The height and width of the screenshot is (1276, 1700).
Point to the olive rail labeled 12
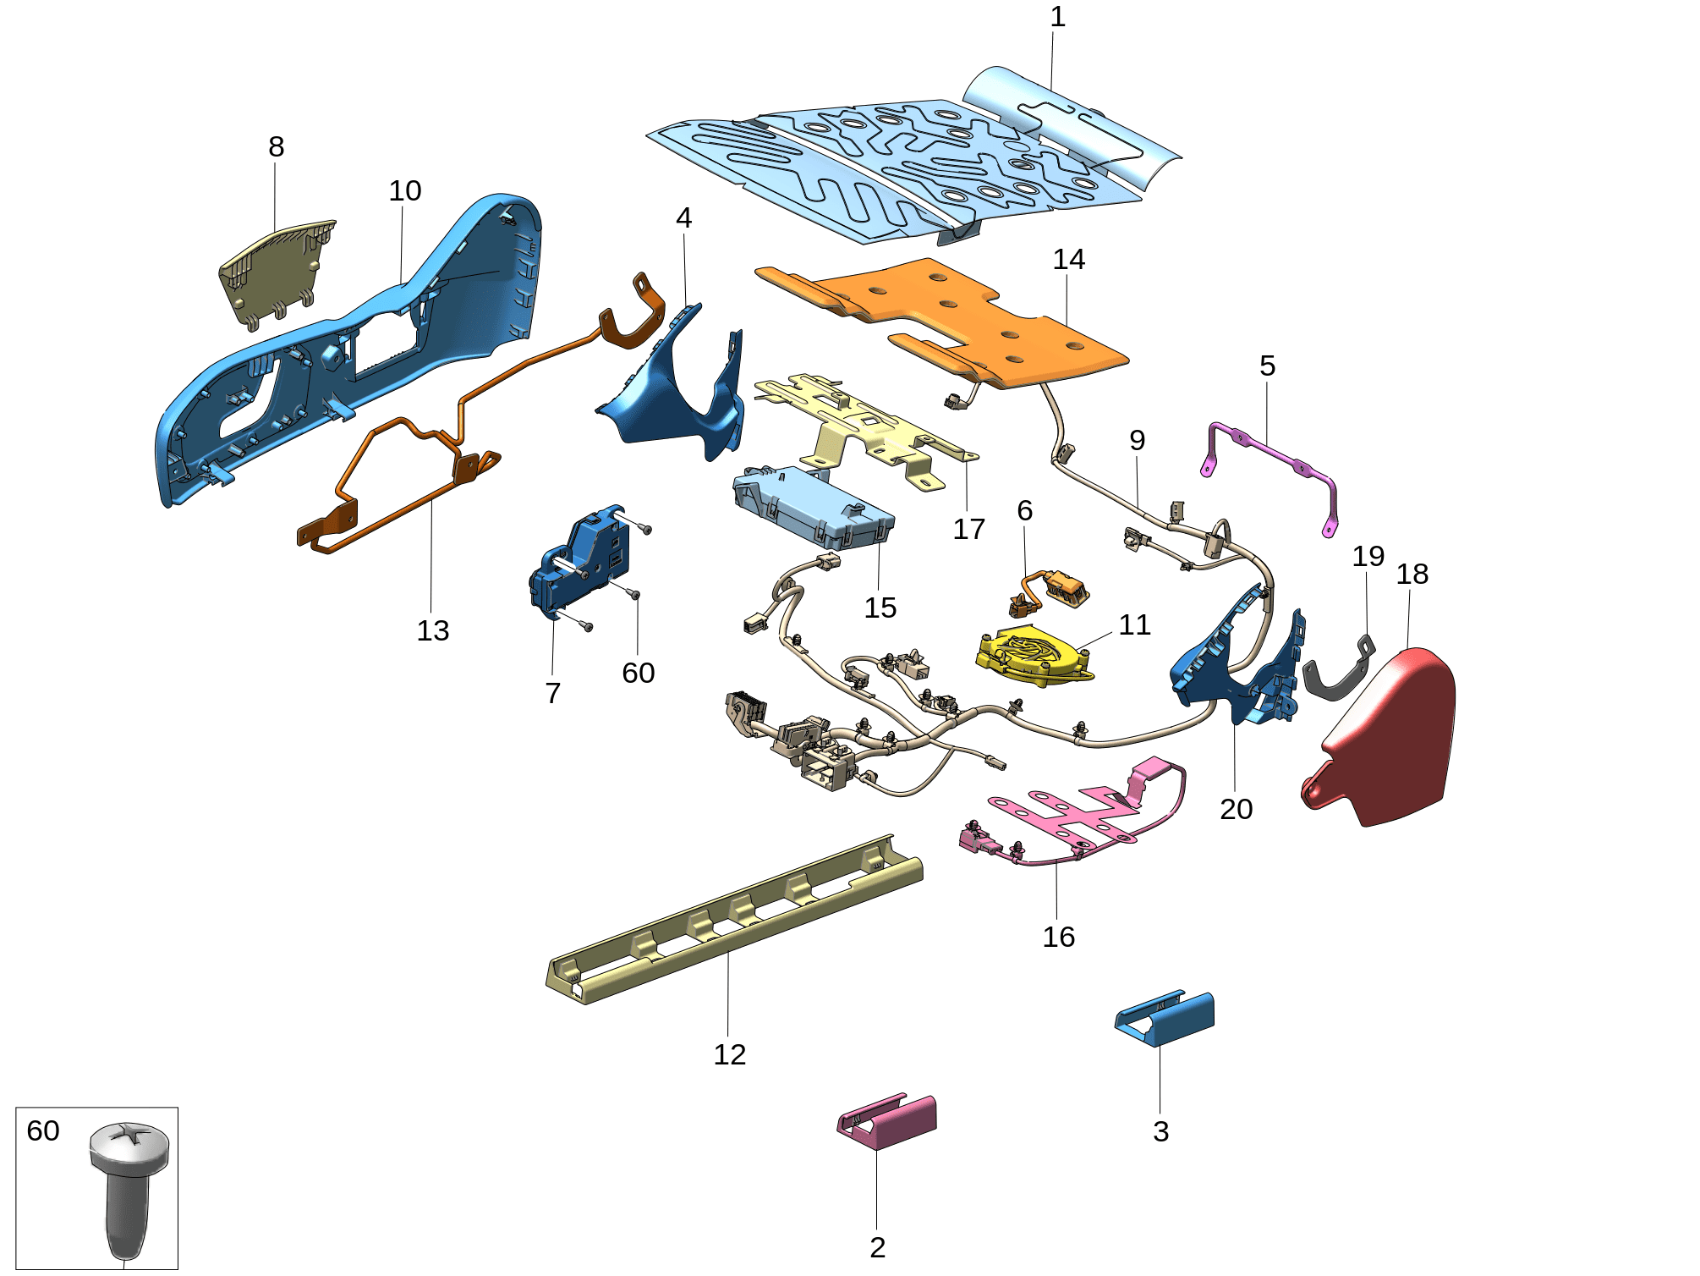pos(734,921)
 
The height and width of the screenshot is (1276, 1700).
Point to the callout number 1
pos(1057,17)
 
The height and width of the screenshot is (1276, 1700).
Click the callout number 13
pos(433,630)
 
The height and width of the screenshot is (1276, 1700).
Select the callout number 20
pos(1236,809)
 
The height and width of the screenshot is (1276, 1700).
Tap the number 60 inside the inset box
pos(43,1130)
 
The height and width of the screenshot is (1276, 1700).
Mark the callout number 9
pos(1137,440)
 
